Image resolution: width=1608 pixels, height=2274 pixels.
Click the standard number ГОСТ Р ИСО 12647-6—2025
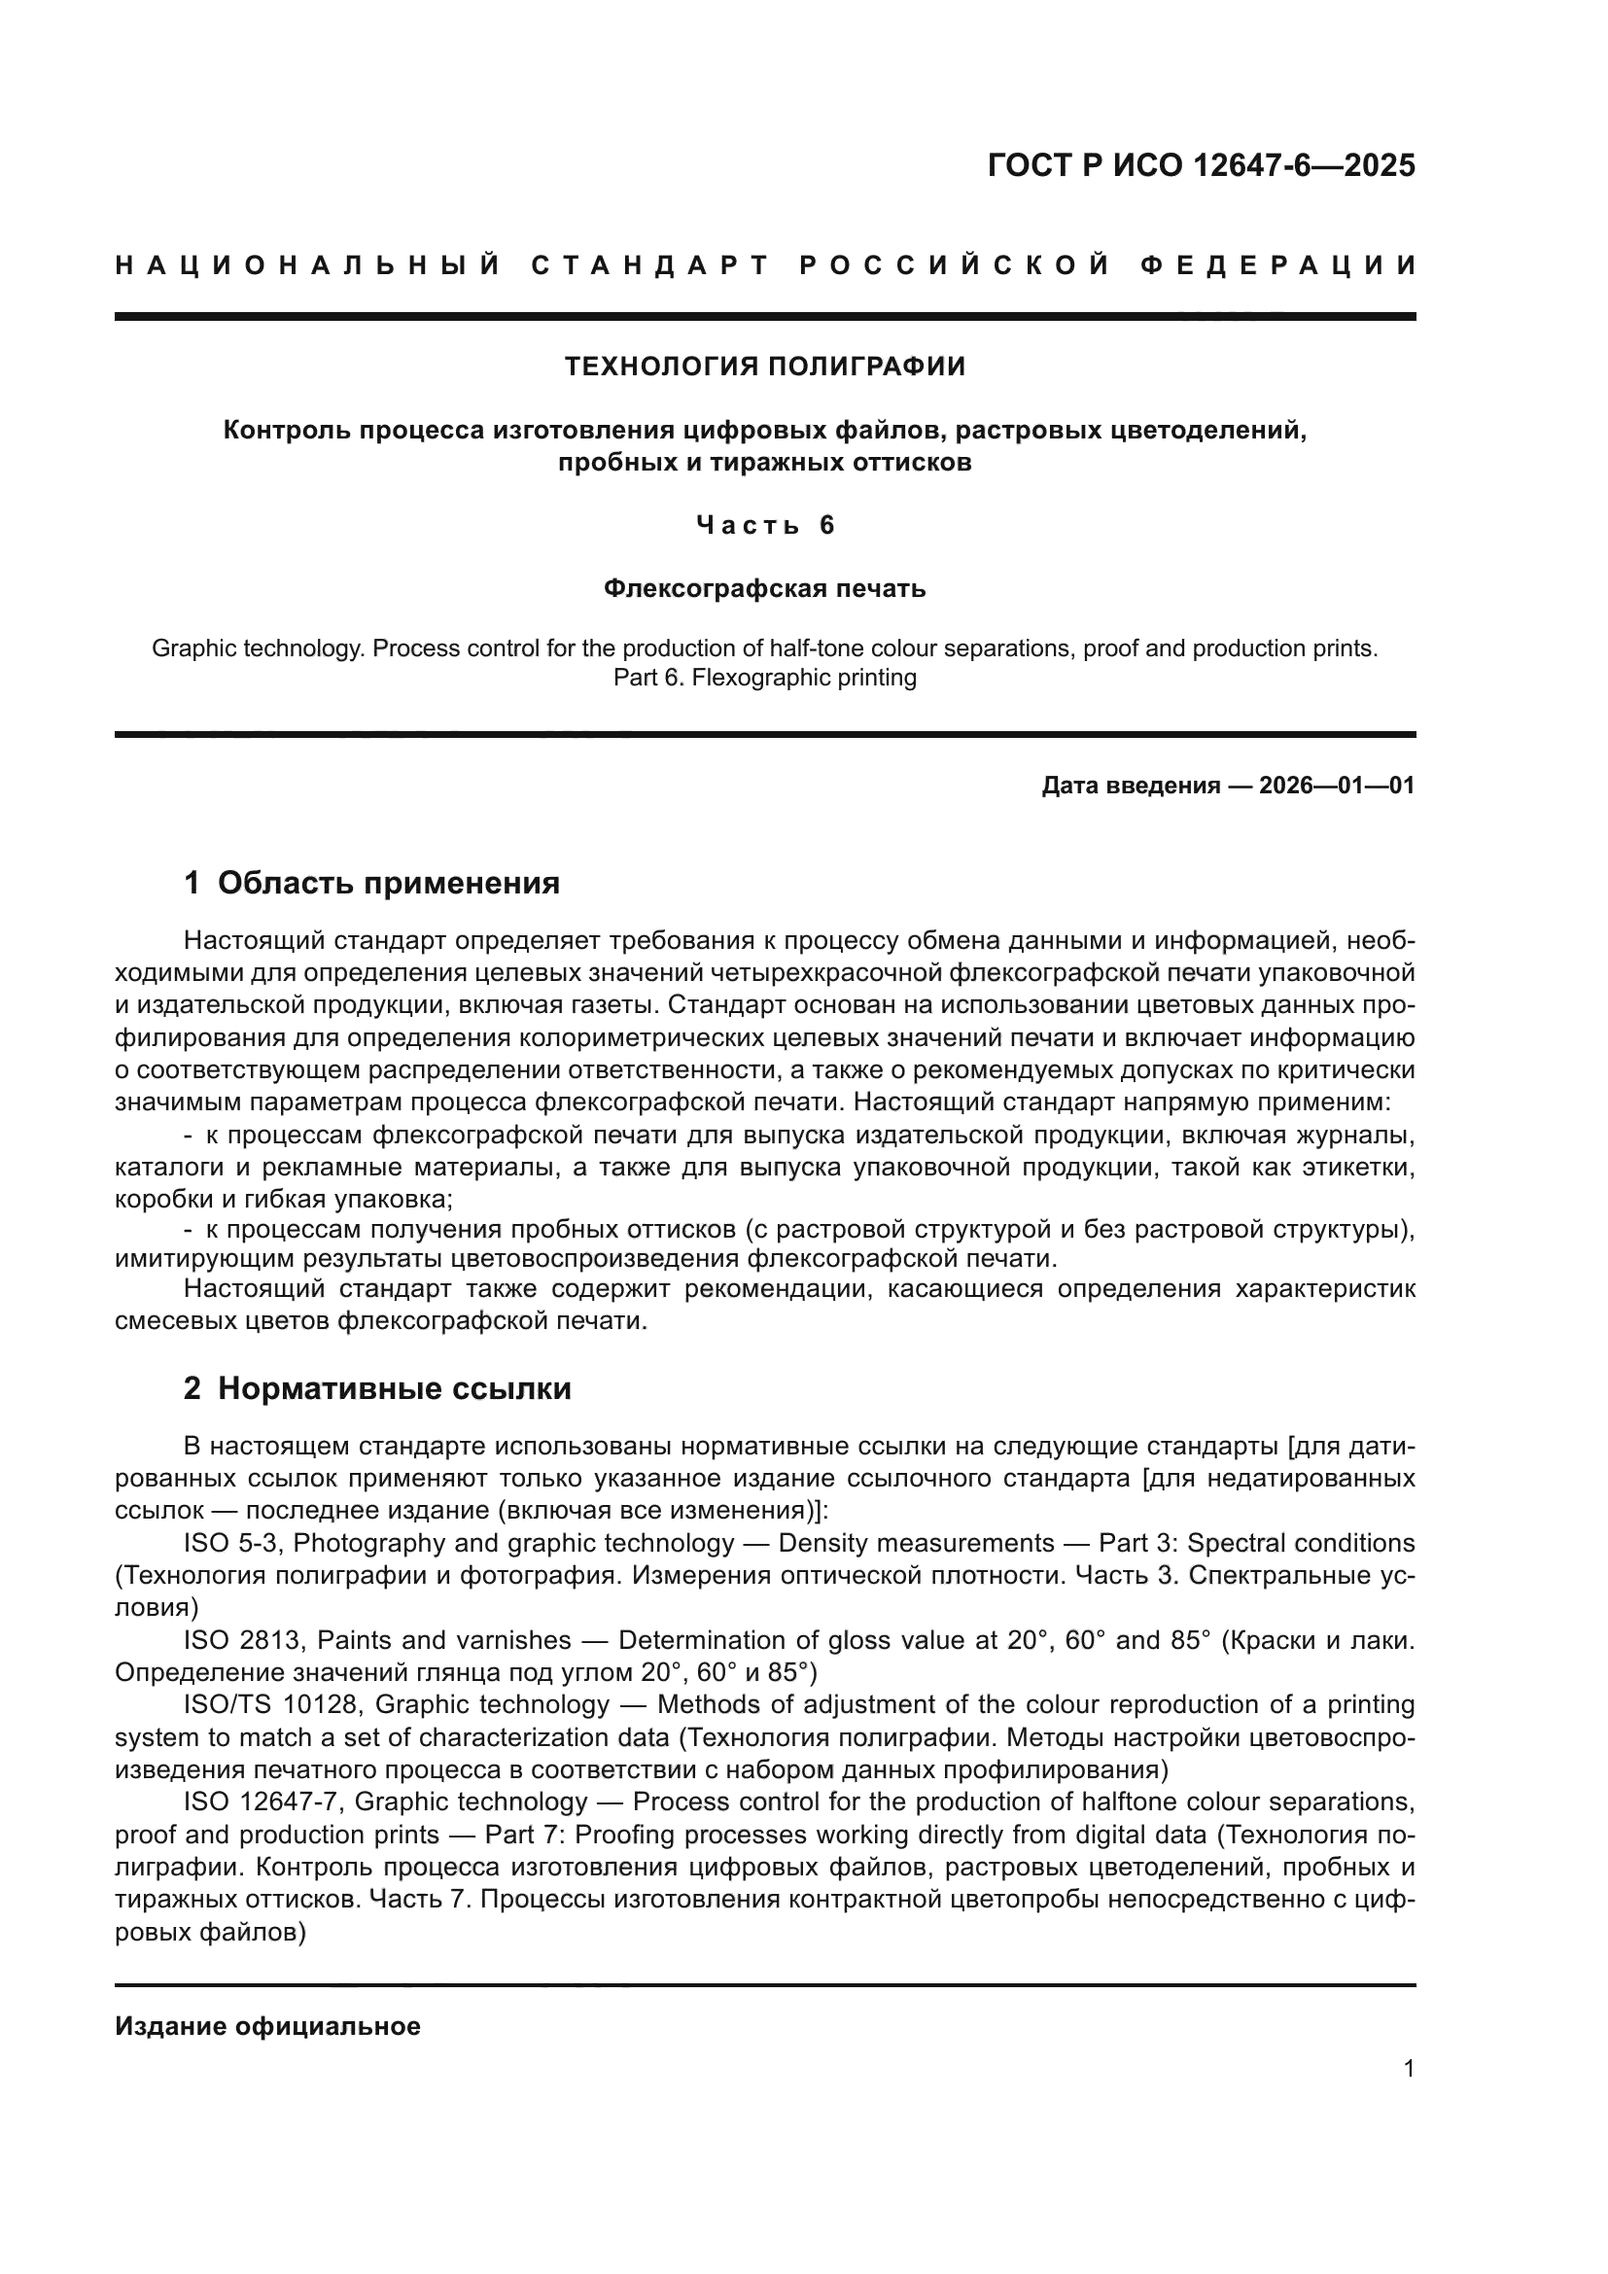pyautogui.click(x=1201, y=165)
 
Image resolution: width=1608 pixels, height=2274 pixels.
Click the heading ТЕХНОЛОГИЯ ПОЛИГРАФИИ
pyautogui.click(x=764, y=367)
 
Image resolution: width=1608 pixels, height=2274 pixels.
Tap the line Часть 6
pyautogui.click(x=764, y=525)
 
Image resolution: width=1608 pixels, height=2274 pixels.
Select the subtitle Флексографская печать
pyautogui.click(x=764, y=589)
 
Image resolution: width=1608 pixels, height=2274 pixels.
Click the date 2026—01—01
pyautogui.click(x=1337, y=786)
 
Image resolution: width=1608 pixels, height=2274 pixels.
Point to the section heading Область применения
pyautogui.click(x=388, y=883)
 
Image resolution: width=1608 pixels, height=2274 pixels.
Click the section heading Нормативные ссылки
pyautogui.click(x=394, y=1389)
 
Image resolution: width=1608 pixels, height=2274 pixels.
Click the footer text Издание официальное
pyautogui.click(x=267, y=2026)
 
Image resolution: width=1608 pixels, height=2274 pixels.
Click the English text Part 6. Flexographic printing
pyautogui.click(x=764, y=679)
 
